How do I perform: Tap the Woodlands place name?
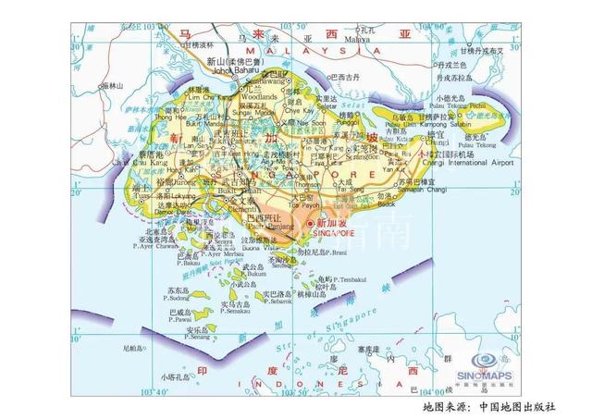[259, 96]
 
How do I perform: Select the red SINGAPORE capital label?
[335, 233]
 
